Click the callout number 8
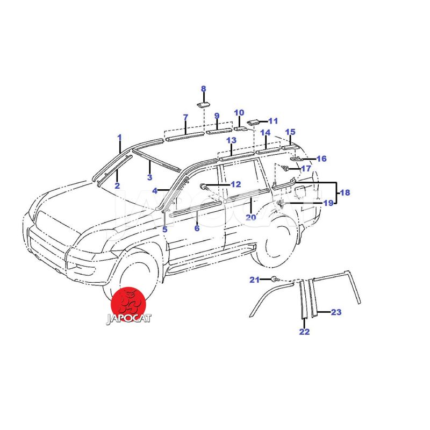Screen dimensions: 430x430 pyautogui.click(x=204, y=89)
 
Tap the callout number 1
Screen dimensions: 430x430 pyautogui.click(x=119, y=137)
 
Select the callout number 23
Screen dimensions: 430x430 pyautogui.click(x=336, y=312)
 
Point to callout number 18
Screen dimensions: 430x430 pyautogui.click(x=345, y=192)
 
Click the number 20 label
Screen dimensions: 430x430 pyautogui.click(x=250, y=218)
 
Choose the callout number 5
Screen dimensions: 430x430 pyautogui.click(x=164, y=230)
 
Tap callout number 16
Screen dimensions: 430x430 pyautogui.click(x=321, y=159)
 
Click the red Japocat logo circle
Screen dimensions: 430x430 pyautogui.click(x=128, y=304)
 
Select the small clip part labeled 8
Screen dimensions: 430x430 pyautogui.click(x=204, y=104)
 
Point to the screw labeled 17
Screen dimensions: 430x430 pyautogui.click(x=285, y=168)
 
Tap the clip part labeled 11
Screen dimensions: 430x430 pyautogui.click(x=253, y=123)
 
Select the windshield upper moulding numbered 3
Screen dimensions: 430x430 pyautogui.click(x=156, y=159)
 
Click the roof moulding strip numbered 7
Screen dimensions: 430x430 pyautogui.click(x=184, y=137)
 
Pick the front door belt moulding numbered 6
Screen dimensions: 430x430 pyautogui.click(x=196, y=208)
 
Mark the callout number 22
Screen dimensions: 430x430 pyautogui.click(x=304, y=332)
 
